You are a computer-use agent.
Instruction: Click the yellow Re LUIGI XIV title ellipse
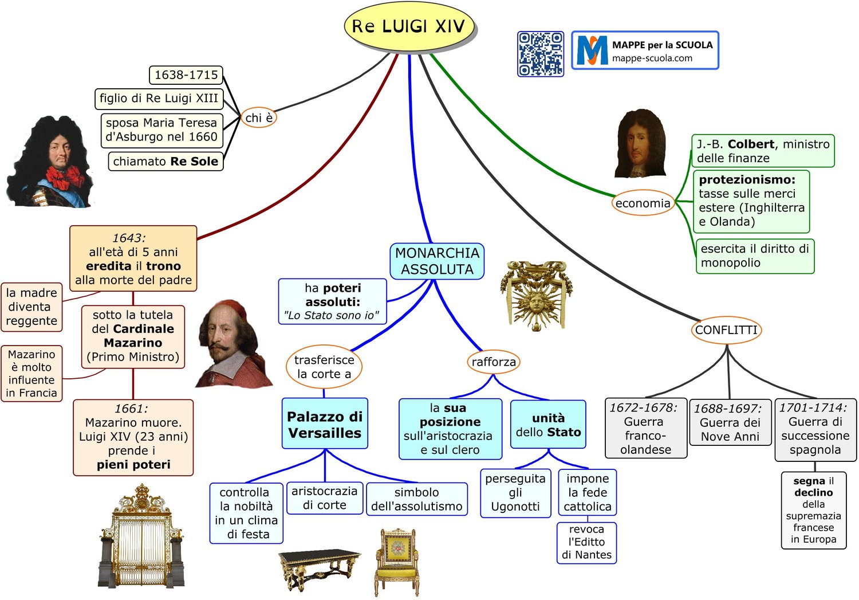(x=409, y=26)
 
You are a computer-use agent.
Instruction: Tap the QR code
(x=541, y=54)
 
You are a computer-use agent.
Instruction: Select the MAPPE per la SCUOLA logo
(x=645, y=50)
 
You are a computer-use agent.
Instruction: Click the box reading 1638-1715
(x=186, y=75)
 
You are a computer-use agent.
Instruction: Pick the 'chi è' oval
(x=259, y=117)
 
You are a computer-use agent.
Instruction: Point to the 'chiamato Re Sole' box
(x=166, y=161)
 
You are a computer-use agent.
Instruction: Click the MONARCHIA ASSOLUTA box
(x=437, y=261)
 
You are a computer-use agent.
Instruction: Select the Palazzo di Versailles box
(x=325, y=423)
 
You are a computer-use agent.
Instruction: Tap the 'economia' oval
(x=643, y=203)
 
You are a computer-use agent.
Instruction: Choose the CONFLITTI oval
(x=726, y=330)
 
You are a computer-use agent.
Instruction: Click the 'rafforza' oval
(x=494, y=362)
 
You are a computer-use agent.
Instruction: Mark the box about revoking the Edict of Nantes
(x=587, y=543)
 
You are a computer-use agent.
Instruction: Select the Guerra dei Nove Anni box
(x=730, y=422)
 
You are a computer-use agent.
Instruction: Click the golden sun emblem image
(x=536, y=295)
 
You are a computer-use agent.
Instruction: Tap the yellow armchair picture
(x=397, y=562)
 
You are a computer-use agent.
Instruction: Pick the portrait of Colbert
(x=640, y=143)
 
